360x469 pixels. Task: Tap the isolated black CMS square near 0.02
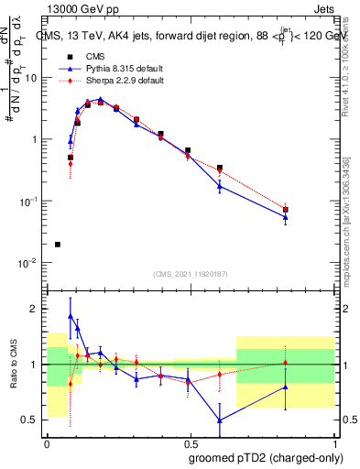tap(58, 245)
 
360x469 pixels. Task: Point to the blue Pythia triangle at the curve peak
tap(101, 99)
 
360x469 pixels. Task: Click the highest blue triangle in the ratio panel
tap(71, 315)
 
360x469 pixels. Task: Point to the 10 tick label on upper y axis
tap(32, 78)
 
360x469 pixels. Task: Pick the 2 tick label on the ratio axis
tap(35, 310)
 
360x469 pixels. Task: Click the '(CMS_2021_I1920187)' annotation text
tap(190, 273)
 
